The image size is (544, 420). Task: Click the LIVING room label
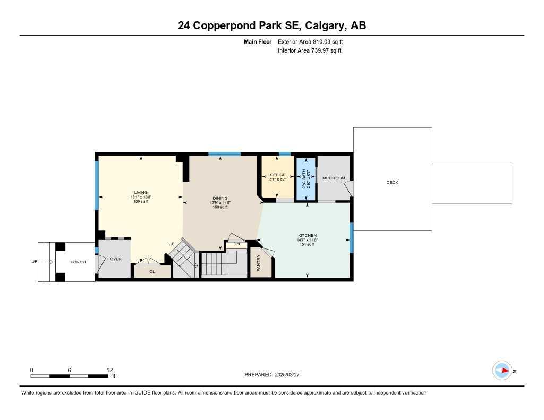[x=141, y=193]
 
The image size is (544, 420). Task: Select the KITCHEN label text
[x=307, y=235]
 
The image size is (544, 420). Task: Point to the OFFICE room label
[x=277, y=175]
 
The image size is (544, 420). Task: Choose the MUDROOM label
[x=334, y=178]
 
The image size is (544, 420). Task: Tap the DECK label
[x=392, y=182]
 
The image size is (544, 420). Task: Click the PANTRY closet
[x=259, y=263]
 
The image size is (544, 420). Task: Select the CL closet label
[x=152, y=271]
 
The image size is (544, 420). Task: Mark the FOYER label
[x=114, y=259]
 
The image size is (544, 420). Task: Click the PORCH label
[x=78, y=262]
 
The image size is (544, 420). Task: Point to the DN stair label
[x=236, y=244]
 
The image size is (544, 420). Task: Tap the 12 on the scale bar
[x=109, y=370]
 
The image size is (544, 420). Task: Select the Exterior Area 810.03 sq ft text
[x=314, y=41]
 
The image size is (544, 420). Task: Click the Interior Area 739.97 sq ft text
[x=309, y=50]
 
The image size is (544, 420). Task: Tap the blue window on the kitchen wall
[x=352, y=237]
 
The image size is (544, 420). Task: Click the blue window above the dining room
[x=224, y=154]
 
